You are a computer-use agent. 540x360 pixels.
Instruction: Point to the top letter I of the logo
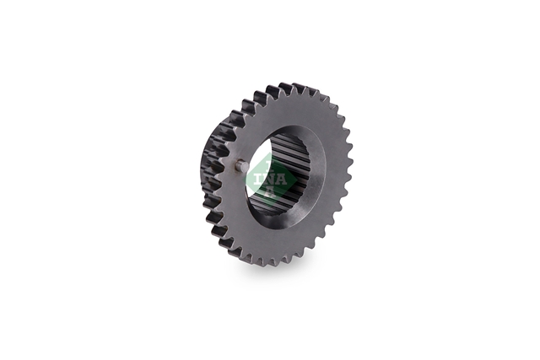(x=270, y=168)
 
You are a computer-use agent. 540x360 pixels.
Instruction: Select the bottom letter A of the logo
(x=271, y=191)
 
